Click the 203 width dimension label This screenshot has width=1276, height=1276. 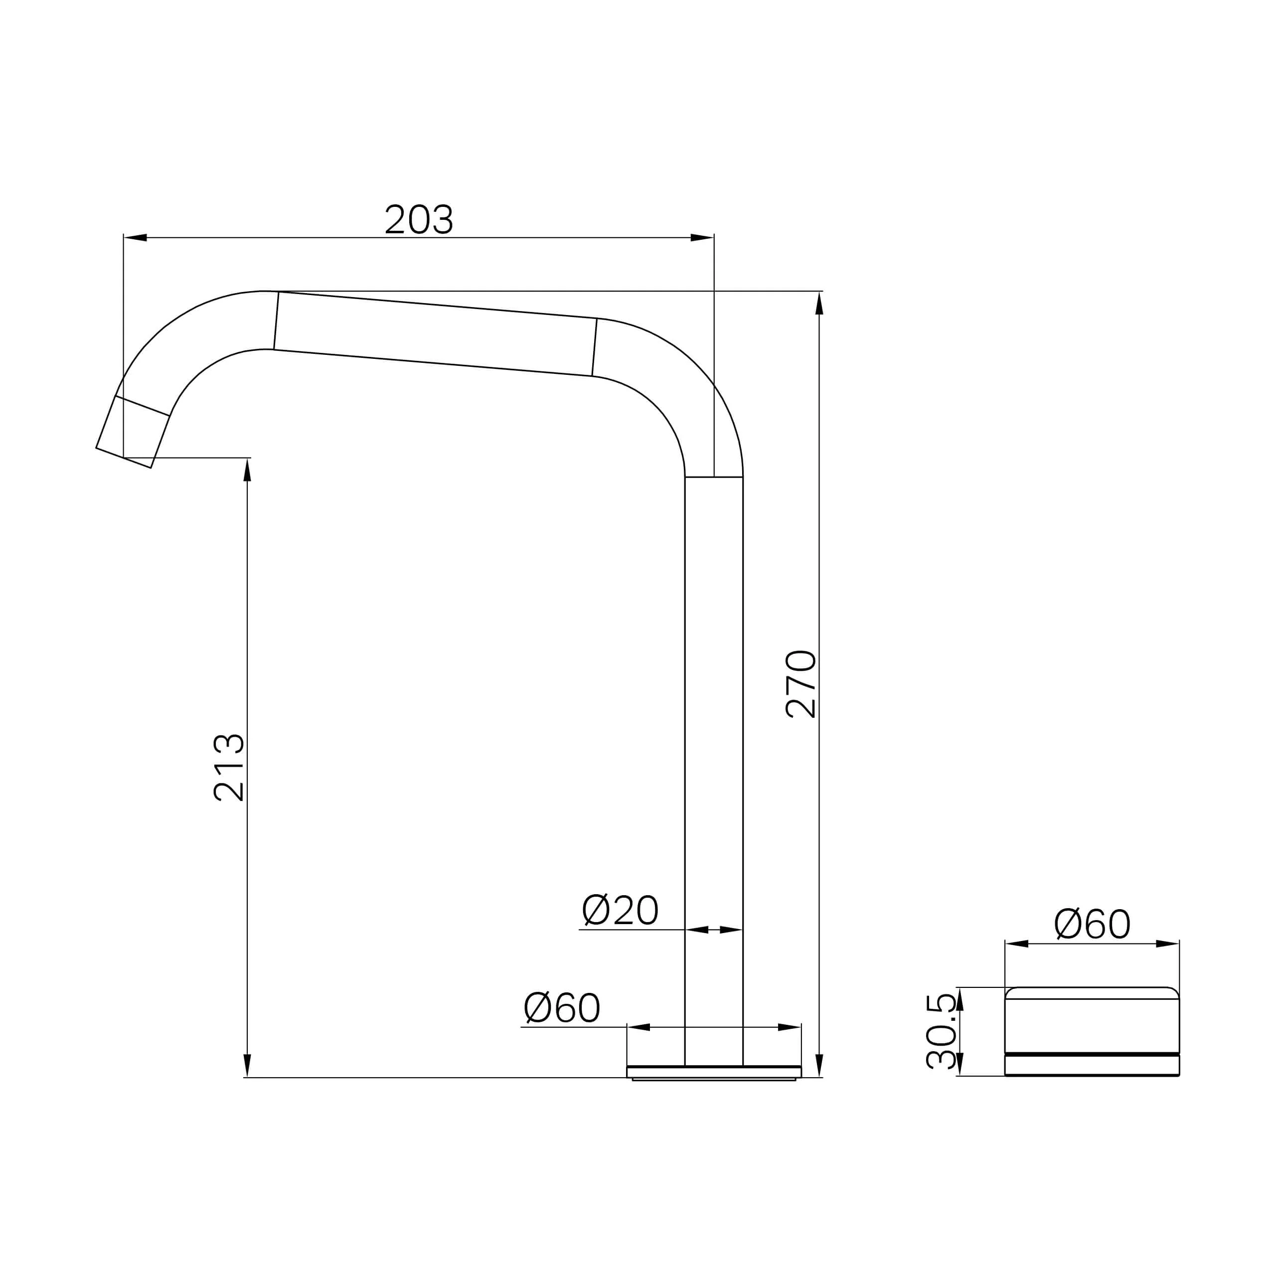[419, 219]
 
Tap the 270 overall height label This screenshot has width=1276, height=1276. [801, 684]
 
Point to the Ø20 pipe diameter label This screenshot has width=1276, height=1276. [620, 910]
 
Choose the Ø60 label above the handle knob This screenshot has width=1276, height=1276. [1093, 923]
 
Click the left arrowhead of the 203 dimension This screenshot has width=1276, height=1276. [136, 238]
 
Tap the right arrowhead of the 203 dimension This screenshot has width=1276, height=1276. [702, 238]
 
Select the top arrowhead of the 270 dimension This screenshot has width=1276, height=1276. [819, 303]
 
